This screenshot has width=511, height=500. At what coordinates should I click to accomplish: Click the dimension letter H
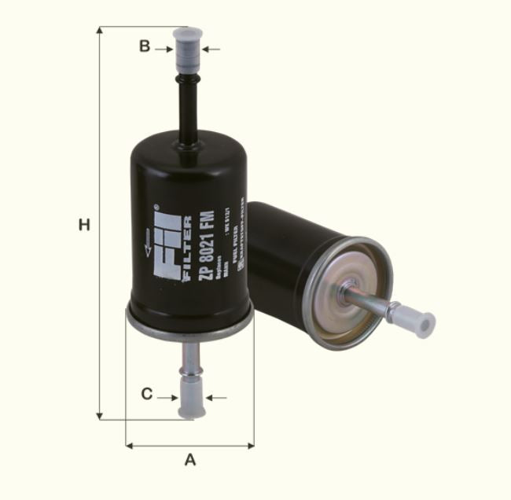pyautogui.click(x=84, y=225)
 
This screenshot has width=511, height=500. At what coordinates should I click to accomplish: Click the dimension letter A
pyautogui.click(x=189, y=460)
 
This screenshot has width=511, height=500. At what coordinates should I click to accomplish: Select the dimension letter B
pyautogui.click(x=145, y=46)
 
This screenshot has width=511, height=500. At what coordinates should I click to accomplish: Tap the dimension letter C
pyautogui.click(x=147, y=394)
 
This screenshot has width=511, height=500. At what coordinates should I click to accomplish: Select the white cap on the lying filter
pyautogui.click(x=414, y=320)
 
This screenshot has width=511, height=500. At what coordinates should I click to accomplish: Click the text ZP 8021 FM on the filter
pyautogui.click(x=206, y=246)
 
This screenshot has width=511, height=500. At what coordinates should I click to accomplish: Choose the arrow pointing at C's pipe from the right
pyautogui.click(x=215, y=398)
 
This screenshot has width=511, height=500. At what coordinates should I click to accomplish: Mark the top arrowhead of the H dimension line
pyautogui.click(x=100, y=31)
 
